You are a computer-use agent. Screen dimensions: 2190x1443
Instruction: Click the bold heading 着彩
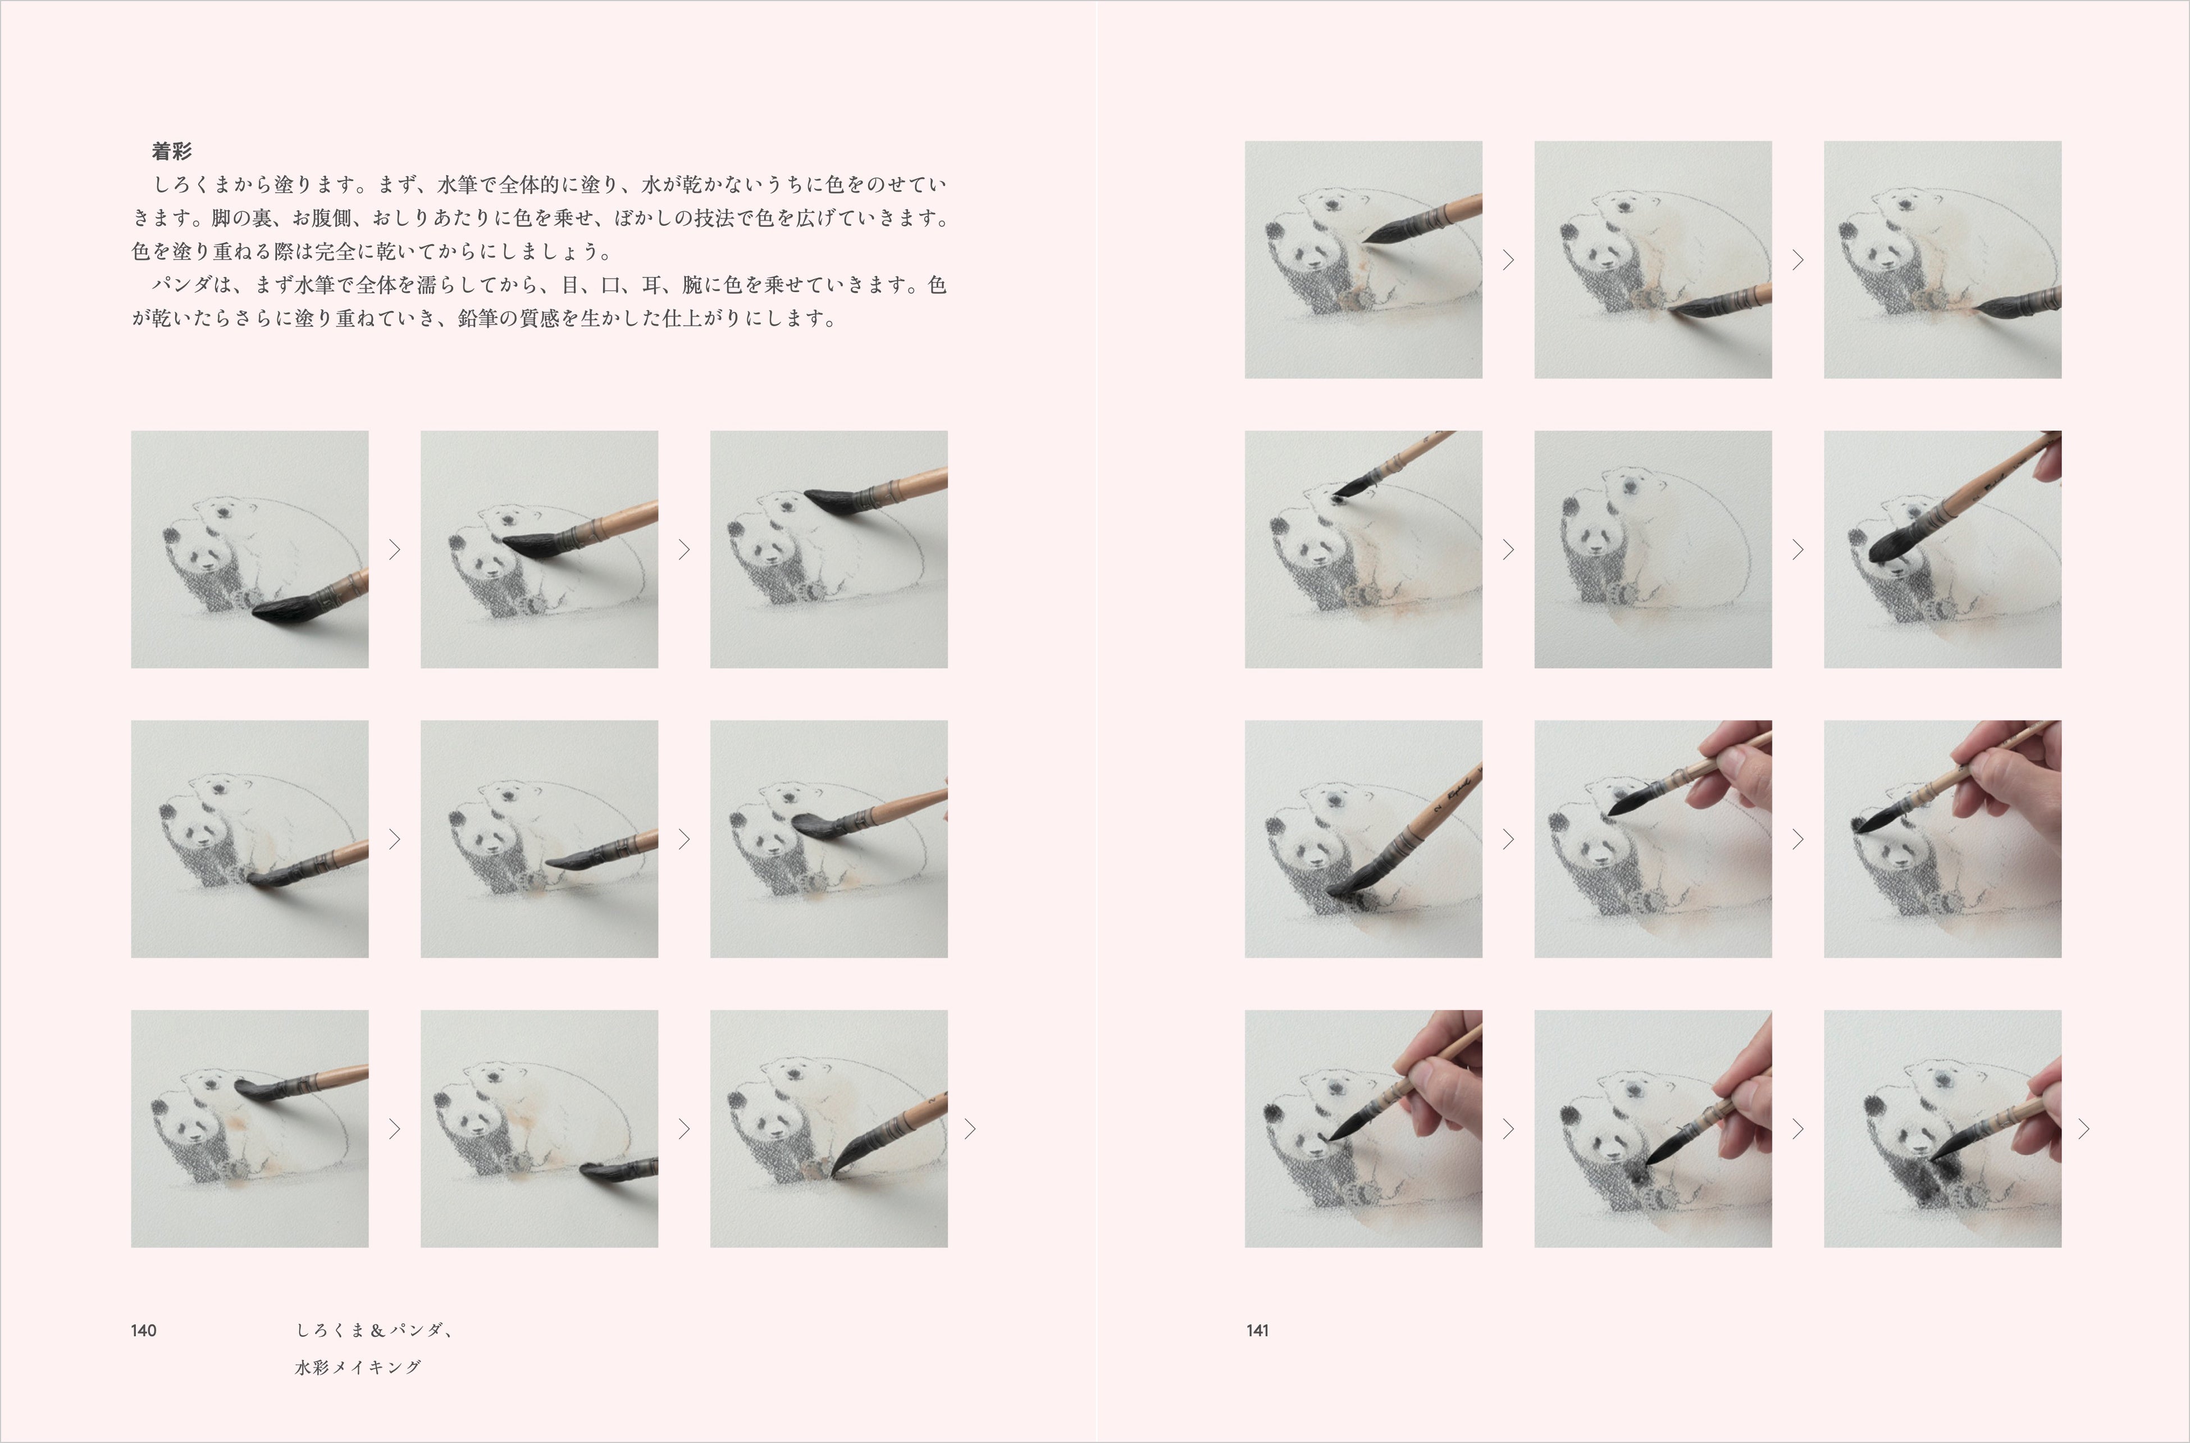[171, 151]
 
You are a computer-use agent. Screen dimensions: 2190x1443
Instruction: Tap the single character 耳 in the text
[653, 285]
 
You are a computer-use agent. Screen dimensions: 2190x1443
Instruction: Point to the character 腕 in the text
[693, 285]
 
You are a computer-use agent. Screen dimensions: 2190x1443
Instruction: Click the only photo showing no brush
[1653, 549]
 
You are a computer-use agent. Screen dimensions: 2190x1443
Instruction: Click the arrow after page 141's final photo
[2084, 1129]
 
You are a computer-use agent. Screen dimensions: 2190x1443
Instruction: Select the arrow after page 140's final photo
[970, 1129]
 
